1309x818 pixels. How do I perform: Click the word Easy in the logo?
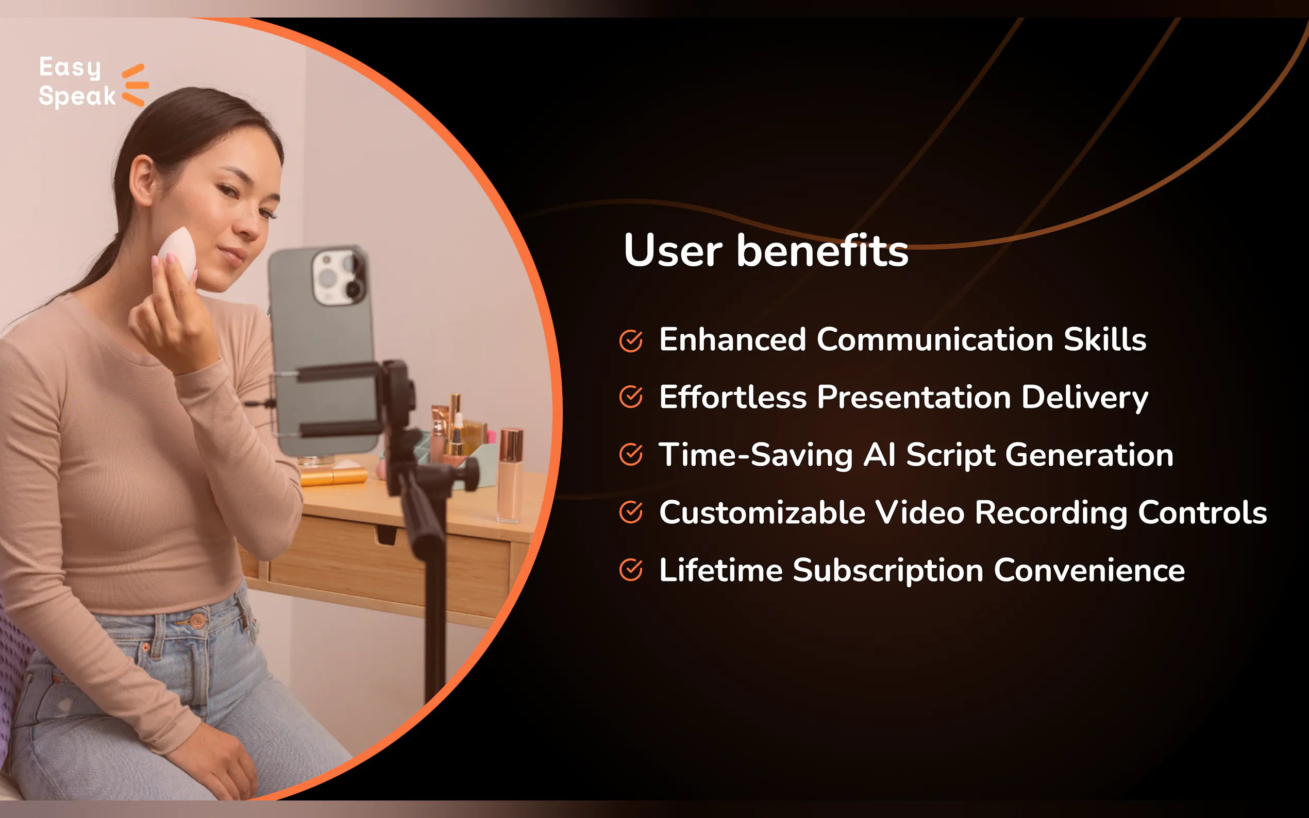point(71,68)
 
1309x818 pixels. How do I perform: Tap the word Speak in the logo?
point(77,96)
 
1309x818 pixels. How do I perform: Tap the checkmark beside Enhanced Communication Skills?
point(631,341)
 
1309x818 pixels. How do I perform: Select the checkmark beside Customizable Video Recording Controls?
point(631,512)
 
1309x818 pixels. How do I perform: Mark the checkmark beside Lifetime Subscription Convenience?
point(631,570)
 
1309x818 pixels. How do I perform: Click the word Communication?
point(934,340)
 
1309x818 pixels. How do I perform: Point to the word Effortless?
point(733,397)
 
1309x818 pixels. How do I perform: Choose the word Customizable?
point(762,513)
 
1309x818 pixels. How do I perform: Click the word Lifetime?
point(720,570)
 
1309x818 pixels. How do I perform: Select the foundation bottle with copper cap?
point(510,475)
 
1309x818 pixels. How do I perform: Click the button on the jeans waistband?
point(197,621)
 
